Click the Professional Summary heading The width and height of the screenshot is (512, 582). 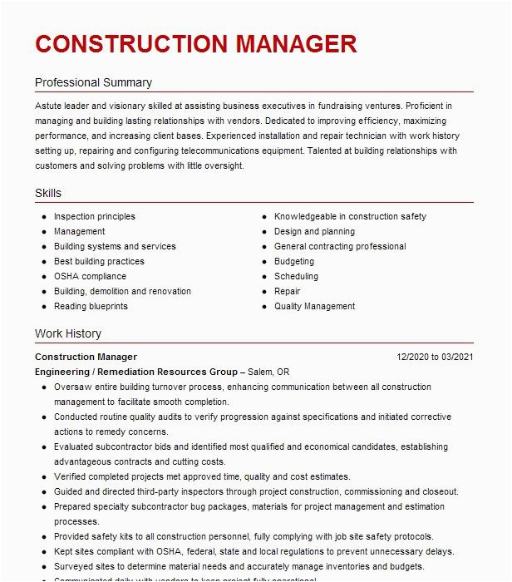[x=93, y=83]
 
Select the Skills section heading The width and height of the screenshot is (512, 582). [x=48, y=194]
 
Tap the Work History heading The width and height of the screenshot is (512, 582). [x=68, y=334]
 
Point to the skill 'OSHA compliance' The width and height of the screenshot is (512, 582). [x=90, y=277]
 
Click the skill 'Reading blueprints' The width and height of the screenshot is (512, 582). [x=91, y=307]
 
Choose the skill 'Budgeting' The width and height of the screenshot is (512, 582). [x=294, y=262]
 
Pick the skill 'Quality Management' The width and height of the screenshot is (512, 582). [x=314, y=307]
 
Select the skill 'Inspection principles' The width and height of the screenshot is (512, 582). [x=95, y=217]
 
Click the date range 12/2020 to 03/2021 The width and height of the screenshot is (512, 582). [x=435, y=358]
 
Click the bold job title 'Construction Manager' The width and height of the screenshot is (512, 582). [x=86, y=358]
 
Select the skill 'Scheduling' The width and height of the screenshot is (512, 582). [x=296, y=277]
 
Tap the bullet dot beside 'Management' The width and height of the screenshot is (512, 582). [x=42, y=232]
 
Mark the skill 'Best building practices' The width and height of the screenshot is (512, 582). [x=99, y=262]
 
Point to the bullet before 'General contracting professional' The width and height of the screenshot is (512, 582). [x=263, y=247]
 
